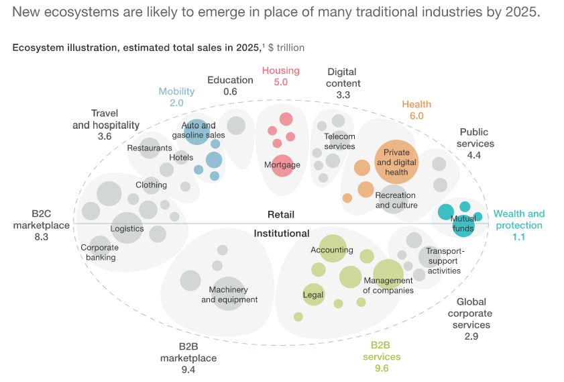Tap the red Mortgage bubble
tap(282, 164)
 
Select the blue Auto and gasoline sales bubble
tap(196, 130)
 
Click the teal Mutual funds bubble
tap(463, 224)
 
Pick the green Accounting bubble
tap(332, 250)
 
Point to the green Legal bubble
tap(313, 294)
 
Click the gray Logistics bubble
tap(127, 228)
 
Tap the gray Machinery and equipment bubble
tap(229, 293)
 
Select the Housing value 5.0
tap(280, 83)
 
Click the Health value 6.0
tap(416, 115)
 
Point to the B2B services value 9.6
tap(382, 368)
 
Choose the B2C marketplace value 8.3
tap(42, 237)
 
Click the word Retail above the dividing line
tap(281, 215)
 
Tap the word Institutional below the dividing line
tap(281, 234)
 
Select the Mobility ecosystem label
tap(176, 91)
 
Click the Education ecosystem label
tap(230, 80)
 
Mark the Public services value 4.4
tap(473, 155)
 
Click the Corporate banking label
tap(99, 252)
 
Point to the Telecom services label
tap(339, 141)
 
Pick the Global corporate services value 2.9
tap(471, 336)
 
